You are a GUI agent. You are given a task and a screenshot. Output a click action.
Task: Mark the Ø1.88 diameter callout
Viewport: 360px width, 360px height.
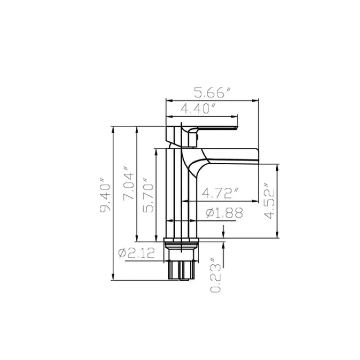[224, 213]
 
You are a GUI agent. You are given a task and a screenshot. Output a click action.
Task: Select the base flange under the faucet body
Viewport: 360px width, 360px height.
[181, 241]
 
